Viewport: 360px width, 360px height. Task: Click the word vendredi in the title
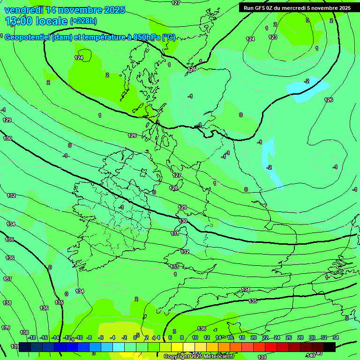[24, 10]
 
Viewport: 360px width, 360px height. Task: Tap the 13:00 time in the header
[18, 21]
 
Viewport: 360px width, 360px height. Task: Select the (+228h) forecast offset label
[83, 21]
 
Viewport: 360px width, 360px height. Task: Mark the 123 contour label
[273, 37]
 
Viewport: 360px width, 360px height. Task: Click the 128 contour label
[174, 188]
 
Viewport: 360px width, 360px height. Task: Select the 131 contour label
[175, 233]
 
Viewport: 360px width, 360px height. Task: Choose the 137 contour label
[7, 279]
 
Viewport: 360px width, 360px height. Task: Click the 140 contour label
[310, 355]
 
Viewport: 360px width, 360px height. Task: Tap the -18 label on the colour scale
[32, 337]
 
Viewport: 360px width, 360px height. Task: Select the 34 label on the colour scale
[335, 337]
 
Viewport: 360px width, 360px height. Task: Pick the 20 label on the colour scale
[253, 337]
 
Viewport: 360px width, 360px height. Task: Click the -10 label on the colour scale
[79, 337]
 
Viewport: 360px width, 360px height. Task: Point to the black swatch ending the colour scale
[329, 347]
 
